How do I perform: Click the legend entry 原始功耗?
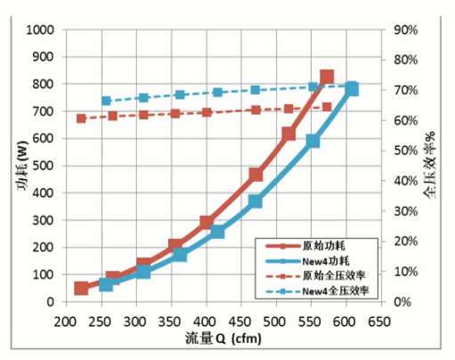coord(322,244)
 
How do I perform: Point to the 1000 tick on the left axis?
coord(41,29)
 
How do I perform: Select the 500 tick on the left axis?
coord(45,166)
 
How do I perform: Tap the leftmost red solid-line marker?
coord(81,288)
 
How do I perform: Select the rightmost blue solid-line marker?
coord(352,89)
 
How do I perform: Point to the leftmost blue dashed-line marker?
coord(105,101)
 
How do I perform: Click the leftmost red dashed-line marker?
coord(81,118)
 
